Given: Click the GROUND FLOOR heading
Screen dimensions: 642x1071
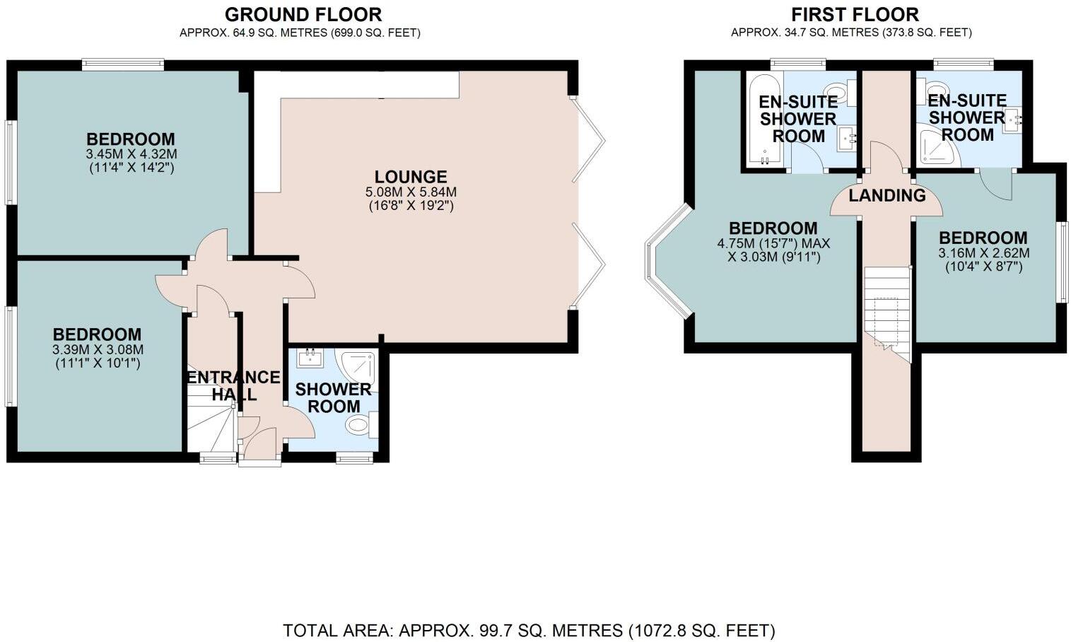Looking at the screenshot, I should [303, 14].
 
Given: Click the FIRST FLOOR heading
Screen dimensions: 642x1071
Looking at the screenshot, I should [855, 14].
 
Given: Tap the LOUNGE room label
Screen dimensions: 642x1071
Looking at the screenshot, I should [411, 177].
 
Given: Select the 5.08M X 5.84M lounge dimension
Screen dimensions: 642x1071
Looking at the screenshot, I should [411, 192].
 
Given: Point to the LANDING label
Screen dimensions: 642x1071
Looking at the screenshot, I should [886, 195].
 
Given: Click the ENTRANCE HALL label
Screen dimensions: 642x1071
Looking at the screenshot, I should [233, 386].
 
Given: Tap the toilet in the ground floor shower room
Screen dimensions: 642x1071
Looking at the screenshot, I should [360, 425].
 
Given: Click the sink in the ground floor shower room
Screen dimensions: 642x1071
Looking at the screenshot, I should [310, 358].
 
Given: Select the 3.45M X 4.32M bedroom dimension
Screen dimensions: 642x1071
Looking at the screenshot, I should [131, 154].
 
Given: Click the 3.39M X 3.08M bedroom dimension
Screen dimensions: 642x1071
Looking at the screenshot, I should [98, 350].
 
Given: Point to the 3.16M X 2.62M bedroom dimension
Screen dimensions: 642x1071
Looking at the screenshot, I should [983, 253].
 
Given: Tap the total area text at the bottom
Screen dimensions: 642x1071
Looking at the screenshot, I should [529, 630].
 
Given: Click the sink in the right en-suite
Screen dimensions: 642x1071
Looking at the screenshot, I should [1012, 120].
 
